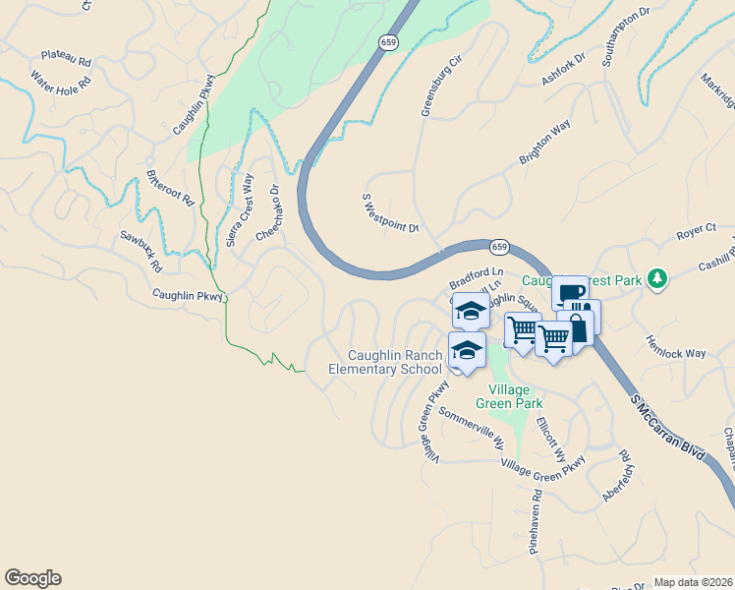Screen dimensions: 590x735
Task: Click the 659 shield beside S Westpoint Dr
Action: pyautogui.click(x=499, y=246)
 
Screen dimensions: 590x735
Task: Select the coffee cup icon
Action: pyautogui.click(x=570, y=293)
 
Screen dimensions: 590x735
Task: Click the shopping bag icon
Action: pyautogui.click(x=578, y=325)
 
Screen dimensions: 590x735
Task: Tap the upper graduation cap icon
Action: pyautogui.click(x=471, y=310)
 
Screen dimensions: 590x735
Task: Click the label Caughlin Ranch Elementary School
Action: pyautogui.click(x=384, y=362)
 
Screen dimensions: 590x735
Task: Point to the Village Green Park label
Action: pyautogui.click(x=509, y=395)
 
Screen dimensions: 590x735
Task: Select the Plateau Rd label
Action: pyautogui.click(x=66, y=59)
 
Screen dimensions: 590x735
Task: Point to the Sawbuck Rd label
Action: pyautogui.click(x=141, y=251)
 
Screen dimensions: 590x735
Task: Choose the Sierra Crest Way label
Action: pyautogui.click(x=238, y=210)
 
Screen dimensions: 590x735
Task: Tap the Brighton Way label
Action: pyautogui.click(x=545, y=144)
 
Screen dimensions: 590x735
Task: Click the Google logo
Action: pyautogui.click(x=32, y=578)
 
